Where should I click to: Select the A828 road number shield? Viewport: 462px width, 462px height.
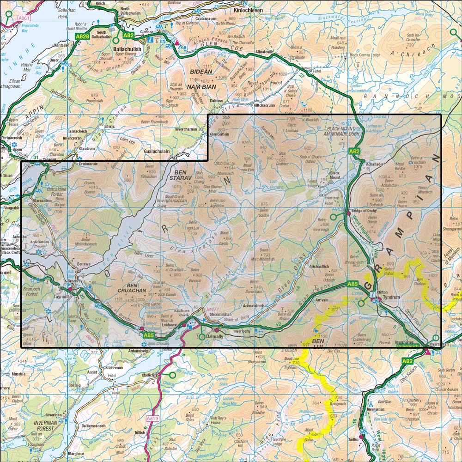(82, 35)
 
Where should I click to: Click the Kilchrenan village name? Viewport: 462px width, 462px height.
(114, 368)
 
